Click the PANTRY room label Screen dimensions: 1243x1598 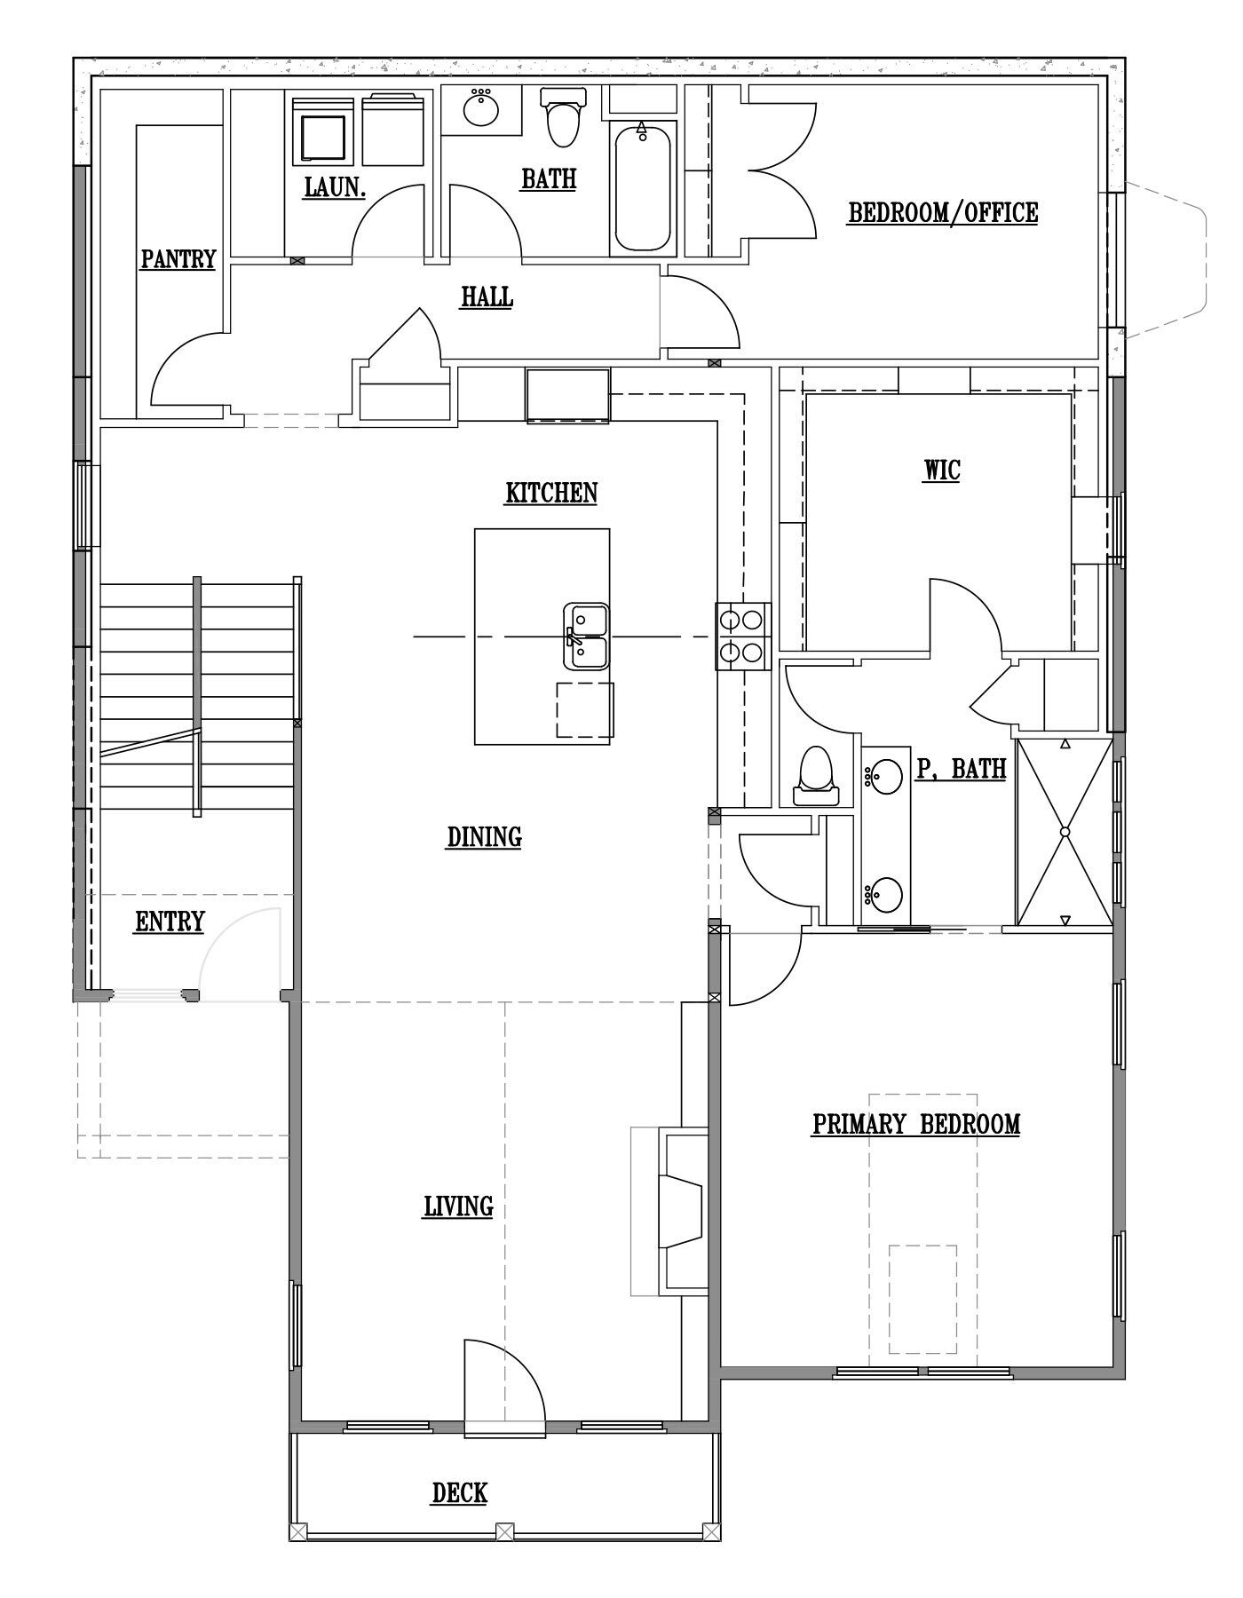(x=178, y=258)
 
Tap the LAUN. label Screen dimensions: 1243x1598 (x=334, y=187)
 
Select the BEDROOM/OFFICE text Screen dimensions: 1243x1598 (x=943, y=212)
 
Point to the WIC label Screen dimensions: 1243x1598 (x=942, y=469)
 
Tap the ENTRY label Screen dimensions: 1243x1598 (x=170, y=922)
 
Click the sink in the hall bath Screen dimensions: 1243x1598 (x=480, y=109)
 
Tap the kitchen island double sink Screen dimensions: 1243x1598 (x=586, y=636)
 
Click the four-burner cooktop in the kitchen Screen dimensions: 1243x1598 (x=743, y=636)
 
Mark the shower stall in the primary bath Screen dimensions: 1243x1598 (x=1064, y=832)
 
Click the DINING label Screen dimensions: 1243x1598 (x=484, y=836)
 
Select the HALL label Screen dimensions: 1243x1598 (x=487, y=296)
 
